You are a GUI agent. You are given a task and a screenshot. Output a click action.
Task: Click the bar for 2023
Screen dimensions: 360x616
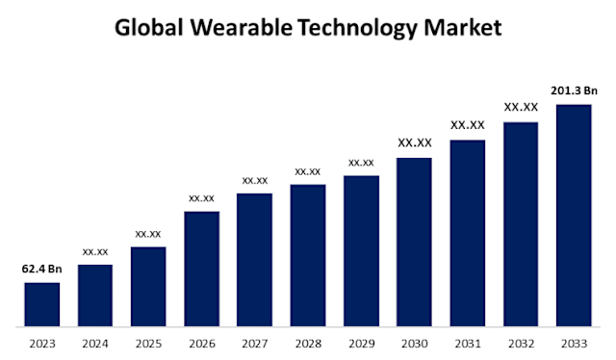click(41, 304)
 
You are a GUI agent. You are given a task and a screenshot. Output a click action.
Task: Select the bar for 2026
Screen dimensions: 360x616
click(201, 269)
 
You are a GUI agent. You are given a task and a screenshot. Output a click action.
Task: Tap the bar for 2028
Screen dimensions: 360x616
click(308, 255)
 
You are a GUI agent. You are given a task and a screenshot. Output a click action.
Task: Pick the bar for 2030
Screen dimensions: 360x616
click(414, 242)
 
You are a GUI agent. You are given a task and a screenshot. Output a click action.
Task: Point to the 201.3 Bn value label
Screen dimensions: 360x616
click(574, 90)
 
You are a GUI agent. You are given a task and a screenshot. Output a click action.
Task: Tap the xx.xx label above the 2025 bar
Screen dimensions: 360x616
click(148, 234)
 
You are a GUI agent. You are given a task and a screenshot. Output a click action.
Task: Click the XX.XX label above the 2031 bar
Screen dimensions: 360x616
click(468, 125)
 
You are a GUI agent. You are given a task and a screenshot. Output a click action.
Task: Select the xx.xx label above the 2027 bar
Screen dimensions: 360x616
click(255, 180)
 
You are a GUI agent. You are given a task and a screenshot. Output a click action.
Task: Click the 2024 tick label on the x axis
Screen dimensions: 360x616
click(95, 343)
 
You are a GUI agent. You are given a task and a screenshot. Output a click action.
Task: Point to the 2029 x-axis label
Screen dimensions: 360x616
click(361, 343)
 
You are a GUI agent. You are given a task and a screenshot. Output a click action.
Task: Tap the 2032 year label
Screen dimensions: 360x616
click(521, 343)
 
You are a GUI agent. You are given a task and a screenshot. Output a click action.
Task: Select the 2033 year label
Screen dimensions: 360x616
click(574, 343)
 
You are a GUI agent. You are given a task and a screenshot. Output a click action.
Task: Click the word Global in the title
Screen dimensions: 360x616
click(149, 29)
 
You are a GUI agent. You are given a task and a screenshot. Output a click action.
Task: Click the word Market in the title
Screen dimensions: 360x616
click(466, 29)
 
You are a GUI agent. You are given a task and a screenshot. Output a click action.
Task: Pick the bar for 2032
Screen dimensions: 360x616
click(521, 223)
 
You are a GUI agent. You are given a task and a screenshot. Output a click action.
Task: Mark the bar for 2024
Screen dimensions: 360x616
click(95, 295)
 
